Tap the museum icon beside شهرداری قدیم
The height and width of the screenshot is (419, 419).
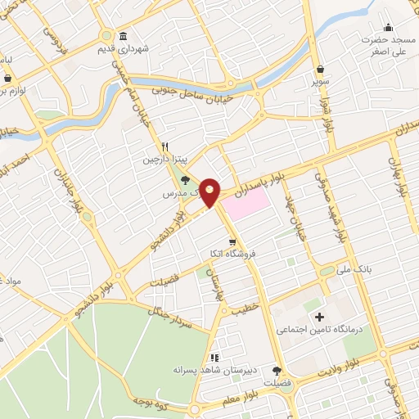point(123,36)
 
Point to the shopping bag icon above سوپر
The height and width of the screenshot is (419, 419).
point(318,70)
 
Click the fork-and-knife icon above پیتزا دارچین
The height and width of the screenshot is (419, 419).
point(164,146)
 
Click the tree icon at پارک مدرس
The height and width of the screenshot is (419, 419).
point(186,179)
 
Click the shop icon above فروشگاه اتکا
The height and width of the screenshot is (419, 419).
point(233,241)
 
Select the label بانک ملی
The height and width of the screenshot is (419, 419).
point(355,267)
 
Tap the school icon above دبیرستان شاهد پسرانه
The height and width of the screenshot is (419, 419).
point(214,357)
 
